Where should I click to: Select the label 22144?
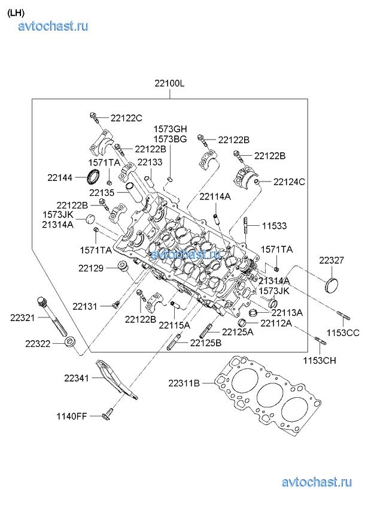pos(60,177)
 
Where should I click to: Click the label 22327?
pos(331,261)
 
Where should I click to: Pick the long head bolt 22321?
pos(51,318)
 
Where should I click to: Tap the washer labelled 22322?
pos(69,343)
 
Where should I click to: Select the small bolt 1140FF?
pos(108,414)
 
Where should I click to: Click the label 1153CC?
pos(343,332)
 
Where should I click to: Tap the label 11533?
pos(274,226)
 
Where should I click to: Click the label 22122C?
pos(126,117)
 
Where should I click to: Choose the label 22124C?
pos(289,182)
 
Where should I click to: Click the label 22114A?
pos(215,196)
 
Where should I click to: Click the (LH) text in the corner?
pos(16,11)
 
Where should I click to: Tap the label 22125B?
pos(206,343)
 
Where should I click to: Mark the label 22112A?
pos(276,323)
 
